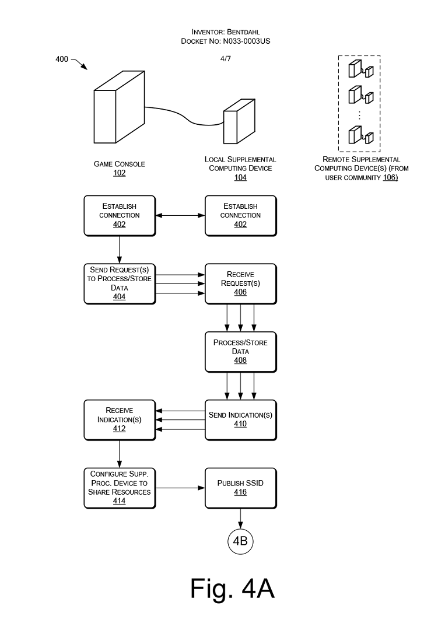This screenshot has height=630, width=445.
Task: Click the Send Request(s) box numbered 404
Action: pyautogui.click(x=120, y=283)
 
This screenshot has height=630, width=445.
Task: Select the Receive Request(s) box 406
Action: pyautogui.click(x=240, y=283)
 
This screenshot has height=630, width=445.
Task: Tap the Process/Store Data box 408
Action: pyautogui.click(x=240, y=352)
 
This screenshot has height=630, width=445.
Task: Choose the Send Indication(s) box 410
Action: pyautogui.click(x=240, y=420)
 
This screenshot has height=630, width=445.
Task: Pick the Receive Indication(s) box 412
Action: pyautogui.click(x=120, y=420)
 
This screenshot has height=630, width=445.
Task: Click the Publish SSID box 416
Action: pyautogui.click(x=240, y=488)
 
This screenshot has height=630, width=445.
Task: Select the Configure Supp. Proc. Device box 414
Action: pyautogui.click(x=120, y=488)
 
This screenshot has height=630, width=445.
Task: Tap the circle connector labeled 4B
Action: pyautogui.click(x=240, y=541)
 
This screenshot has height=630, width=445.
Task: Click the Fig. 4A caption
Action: pyautogui.click(x=233, y=589)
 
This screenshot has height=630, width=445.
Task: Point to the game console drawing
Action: pyautogui.click(x=120, y=107)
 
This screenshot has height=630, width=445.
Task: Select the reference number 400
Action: pyautogui.click(x=62, y=59)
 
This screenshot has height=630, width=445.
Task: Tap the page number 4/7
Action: pyautogui.click(x=226, y=59)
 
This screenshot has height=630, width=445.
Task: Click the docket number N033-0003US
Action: pyautogui.click(x=247, y=41)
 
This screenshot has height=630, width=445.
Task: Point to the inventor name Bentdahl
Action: pyautogui.click(x=243, y=32)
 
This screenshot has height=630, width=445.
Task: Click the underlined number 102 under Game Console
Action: pyautogui.click(x=120, y=173)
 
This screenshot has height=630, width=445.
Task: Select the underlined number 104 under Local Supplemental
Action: pyautogui.click(x=240, y=177)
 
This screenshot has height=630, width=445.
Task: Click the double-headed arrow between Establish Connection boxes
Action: pyautogui.click(x=180, y=215)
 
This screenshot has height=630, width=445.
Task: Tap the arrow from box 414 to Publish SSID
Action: pyautogui.click(x=180, y=488)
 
